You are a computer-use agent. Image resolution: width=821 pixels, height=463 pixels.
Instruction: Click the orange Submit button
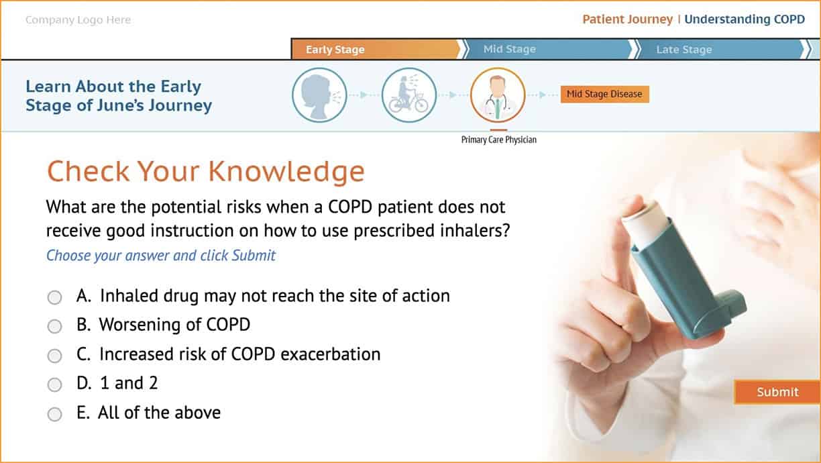[777, 392]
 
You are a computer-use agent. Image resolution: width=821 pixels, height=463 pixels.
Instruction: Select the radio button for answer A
[54, 297]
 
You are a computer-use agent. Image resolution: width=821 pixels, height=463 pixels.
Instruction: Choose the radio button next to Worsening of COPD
[54, 326]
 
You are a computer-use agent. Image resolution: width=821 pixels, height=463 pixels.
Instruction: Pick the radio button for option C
[54, 356]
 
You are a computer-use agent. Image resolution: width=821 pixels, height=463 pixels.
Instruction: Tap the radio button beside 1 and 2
[54, 384]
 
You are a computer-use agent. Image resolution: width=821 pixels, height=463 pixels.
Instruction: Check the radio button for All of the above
[54, 414]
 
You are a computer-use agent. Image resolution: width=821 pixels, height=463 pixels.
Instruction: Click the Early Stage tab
[376, 49]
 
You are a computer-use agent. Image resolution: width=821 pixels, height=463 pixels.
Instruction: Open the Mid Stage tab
[548, 49]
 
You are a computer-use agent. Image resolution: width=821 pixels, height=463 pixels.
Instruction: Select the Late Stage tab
[721, 49]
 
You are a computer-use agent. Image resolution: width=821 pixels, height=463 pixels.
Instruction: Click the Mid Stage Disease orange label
[605, 94]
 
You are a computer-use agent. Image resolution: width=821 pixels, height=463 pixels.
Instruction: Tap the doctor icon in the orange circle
[498, 95]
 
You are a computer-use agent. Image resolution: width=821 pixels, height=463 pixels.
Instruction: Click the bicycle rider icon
[408, 95]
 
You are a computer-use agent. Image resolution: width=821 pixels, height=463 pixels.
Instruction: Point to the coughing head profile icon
[319, 95]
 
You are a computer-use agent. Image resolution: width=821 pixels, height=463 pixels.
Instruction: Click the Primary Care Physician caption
[498, 140]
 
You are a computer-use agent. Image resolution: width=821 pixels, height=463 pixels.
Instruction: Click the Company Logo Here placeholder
[78, 20]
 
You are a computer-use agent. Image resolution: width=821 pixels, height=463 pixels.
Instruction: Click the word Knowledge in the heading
[286, 172]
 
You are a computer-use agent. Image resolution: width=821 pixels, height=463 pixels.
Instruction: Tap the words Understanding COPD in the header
[745, 19]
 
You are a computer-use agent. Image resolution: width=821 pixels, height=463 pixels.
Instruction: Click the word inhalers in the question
[475, 231]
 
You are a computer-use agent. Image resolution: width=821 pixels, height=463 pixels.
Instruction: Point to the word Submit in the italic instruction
[254, 256]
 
